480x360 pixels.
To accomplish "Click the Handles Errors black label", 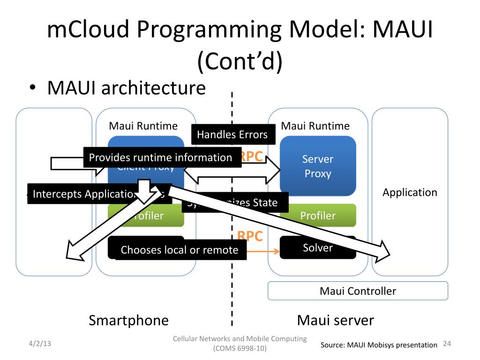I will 232,135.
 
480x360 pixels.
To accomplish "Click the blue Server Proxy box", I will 318,166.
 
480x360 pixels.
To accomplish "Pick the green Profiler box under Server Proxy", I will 318,216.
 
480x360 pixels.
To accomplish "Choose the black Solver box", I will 318,247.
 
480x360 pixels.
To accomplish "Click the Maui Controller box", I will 358,291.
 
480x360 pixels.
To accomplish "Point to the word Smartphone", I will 128,320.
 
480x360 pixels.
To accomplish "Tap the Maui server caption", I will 335,320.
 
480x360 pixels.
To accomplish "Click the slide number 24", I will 446,344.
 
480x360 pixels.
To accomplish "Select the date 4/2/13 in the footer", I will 39,344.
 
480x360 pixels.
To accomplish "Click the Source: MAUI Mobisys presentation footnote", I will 379,345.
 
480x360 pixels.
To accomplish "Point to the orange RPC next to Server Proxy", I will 251,157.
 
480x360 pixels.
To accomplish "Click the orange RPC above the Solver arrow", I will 250,236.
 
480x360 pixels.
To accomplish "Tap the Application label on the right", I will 410,192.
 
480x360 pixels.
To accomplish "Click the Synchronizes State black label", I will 234,203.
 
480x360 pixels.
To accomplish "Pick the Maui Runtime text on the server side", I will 315,126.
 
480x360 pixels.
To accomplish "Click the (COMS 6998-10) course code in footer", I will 240,349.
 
